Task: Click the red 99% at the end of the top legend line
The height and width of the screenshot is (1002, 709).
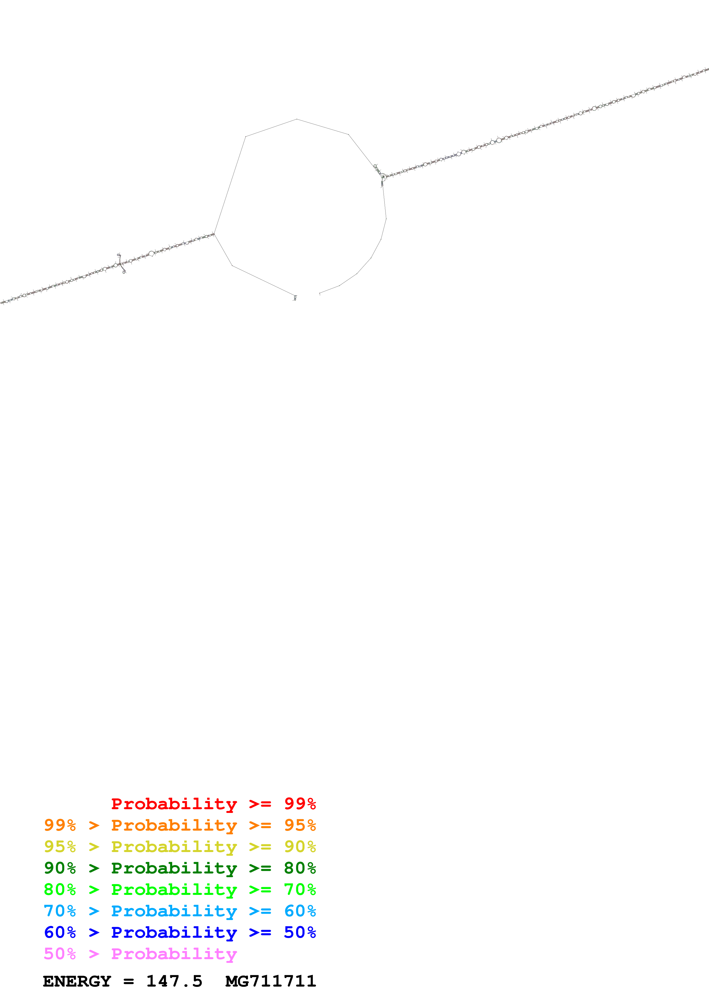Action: click(x=300, y=803)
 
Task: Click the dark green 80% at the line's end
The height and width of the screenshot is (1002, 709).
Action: click(x=300, y=868)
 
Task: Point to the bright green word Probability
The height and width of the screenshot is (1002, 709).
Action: click(x=174, y=889)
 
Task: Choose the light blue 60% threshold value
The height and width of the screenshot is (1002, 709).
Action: click(x=300, y=911)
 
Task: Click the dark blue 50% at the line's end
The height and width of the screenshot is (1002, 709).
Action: click(x=300, y=932)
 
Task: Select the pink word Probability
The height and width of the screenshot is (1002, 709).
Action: click(x=174, y=954)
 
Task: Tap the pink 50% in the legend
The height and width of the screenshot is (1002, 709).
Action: click(x=60, y=954)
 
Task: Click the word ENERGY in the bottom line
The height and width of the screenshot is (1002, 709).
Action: click(x=77, y=981)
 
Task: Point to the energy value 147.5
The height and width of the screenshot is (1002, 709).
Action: click(x=174, y=981)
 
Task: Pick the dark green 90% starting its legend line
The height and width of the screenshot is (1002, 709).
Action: click(x=60, y=868)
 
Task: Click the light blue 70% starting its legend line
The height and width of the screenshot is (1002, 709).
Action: click(x=60, y=911)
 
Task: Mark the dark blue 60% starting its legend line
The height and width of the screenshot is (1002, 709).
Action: click(x=60, y=932)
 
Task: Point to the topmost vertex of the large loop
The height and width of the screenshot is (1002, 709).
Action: click(x=297, y=119)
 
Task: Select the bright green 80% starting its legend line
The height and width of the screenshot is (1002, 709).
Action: click(x=60, y=889)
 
